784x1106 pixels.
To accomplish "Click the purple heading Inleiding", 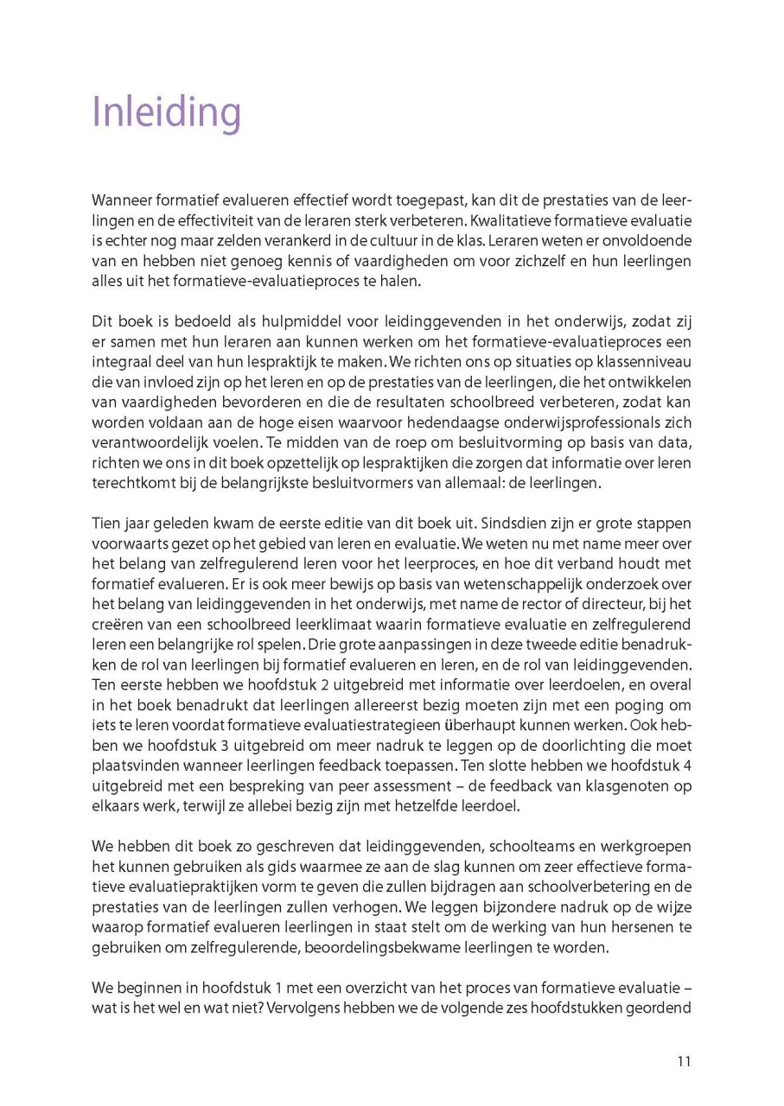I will tap(166, 113).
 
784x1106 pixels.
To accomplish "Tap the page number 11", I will tap(683, 1062).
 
